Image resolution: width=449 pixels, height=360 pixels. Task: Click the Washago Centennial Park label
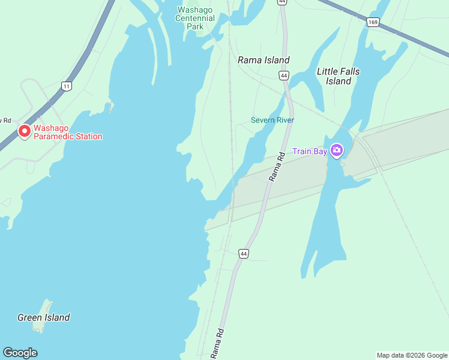point(196,18)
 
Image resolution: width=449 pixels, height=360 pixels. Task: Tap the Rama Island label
point(264,60)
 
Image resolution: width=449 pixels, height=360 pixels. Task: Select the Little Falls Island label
point(339,76)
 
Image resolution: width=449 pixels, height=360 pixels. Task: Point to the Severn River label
point(273,120)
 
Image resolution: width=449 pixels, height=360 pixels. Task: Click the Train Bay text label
point(310,151)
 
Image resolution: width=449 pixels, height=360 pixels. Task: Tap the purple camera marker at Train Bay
point(337,150)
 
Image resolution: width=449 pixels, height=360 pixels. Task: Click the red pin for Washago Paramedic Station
point(25,131)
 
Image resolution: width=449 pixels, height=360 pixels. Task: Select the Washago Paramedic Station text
point(68,132)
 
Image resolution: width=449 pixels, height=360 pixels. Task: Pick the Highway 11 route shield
point(66,86)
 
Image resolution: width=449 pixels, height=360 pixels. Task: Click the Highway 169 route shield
point(373,22)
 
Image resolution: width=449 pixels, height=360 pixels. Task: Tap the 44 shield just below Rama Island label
point(284,75)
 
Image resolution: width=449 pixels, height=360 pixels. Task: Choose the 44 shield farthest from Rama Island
point(243,254)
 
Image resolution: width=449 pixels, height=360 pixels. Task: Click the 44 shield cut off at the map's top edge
point(282,2)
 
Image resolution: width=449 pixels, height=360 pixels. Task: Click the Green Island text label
point(43,317)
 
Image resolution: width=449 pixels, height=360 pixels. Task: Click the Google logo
point(20,353)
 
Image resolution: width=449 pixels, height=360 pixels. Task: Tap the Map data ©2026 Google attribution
point(412,355)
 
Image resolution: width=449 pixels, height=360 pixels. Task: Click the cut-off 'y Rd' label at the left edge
point(5,120)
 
